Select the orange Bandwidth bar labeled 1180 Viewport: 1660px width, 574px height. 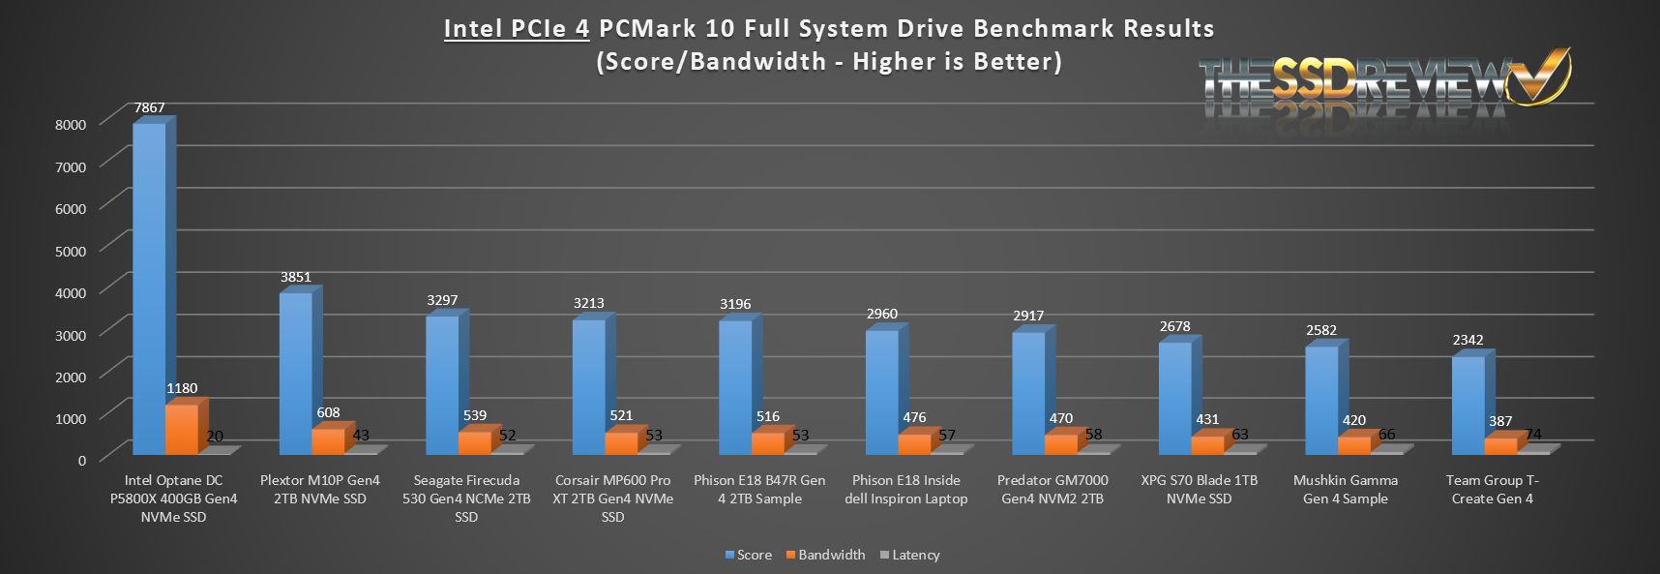[x=181, y=430]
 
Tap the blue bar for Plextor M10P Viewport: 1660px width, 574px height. [x=295, y=374]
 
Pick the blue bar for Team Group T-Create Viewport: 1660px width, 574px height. [x=1467, y=405]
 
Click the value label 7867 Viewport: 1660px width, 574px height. [x=149, y=107]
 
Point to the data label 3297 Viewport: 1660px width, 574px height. [x=442, y=300]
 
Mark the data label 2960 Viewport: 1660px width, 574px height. [x=882, y=314]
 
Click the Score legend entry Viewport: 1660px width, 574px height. [x=749, y=555]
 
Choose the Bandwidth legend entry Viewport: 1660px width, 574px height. [x=826, y=555]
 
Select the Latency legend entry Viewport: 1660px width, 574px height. [x=910, y=555]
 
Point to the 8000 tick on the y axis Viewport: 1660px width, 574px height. [x=71, y=124]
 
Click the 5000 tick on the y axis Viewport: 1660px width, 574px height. [x=71, y=251]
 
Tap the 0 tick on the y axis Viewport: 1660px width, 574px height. [x=82, y=460]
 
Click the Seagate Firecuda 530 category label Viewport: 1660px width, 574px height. [x=466, y=498]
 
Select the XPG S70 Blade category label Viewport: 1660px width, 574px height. [x=1200, y=489]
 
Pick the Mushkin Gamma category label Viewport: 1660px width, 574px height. [x=1346, y=489]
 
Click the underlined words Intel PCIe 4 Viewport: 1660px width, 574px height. [x=517, y=28]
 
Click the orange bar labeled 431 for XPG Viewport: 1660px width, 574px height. [x=1207, y=445]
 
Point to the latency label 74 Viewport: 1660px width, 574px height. [x=1533, y=434]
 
